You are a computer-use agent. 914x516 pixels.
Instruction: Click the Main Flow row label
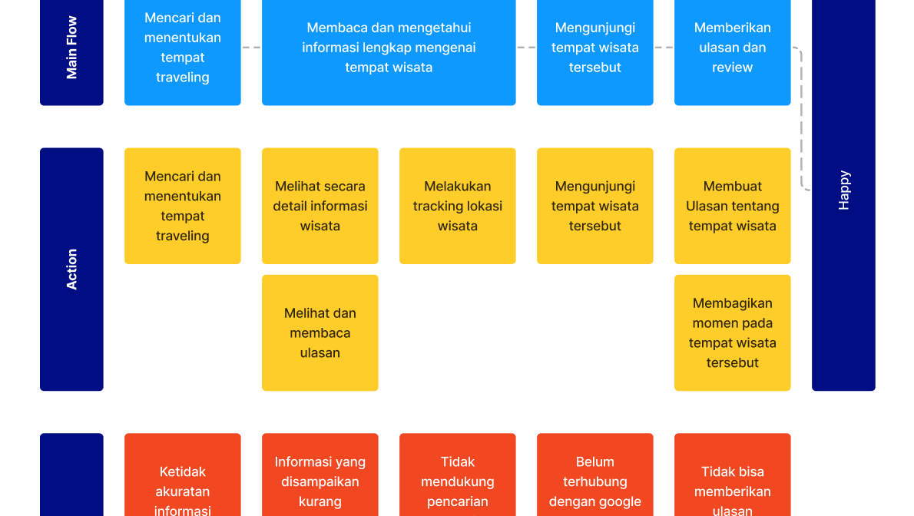coord(71,48)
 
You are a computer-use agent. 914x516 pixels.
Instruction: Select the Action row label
coord(71,269)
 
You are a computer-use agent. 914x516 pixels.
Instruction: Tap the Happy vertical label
coord(843,190)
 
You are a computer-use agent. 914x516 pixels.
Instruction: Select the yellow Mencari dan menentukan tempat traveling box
coord(183,206)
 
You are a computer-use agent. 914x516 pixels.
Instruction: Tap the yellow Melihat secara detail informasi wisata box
coord(320,206)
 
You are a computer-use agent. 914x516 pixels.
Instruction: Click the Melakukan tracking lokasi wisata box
coord(458,206)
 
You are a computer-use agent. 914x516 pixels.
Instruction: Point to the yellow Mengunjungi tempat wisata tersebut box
coord(594,206)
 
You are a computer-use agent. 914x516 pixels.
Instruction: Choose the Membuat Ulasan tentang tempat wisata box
coord(732,206)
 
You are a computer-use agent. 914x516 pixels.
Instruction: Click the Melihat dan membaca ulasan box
coord(320,332)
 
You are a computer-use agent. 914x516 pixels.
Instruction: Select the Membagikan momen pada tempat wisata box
coord(732,332)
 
